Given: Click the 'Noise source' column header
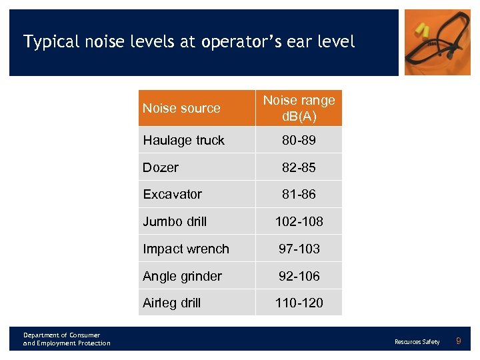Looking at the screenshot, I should point(181,108).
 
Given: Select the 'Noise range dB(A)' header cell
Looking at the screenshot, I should point(299,108).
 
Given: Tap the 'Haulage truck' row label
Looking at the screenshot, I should point(183,140).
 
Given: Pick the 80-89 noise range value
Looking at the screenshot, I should point(299,140).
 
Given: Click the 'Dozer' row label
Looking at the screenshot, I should point(161,167).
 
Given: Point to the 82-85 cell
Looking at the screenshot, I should point(299,167).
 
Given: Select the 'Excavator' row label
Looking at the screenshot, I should point(172,194).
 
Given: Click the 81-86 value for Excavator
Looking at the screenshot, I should point(299,194).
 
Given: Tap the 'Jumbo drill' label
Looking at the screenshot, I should point(175,221).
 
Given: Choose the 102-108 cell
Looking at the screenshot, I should point(299,221).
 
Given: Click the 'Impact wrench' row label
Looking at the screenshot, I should point(186,249).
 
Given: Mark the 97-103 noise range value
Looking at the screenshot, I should point(299,249).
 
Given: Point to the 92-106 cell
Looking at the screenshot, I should point(299,276).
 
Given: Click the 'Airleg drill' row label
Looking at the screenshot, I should point(171,303).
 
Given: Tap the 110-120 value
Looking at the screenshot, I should point(299,303).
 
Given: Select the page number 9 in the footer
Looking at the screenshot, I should point(458,341).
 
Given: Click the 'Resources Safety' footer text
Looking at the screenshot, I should point(417,342).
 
